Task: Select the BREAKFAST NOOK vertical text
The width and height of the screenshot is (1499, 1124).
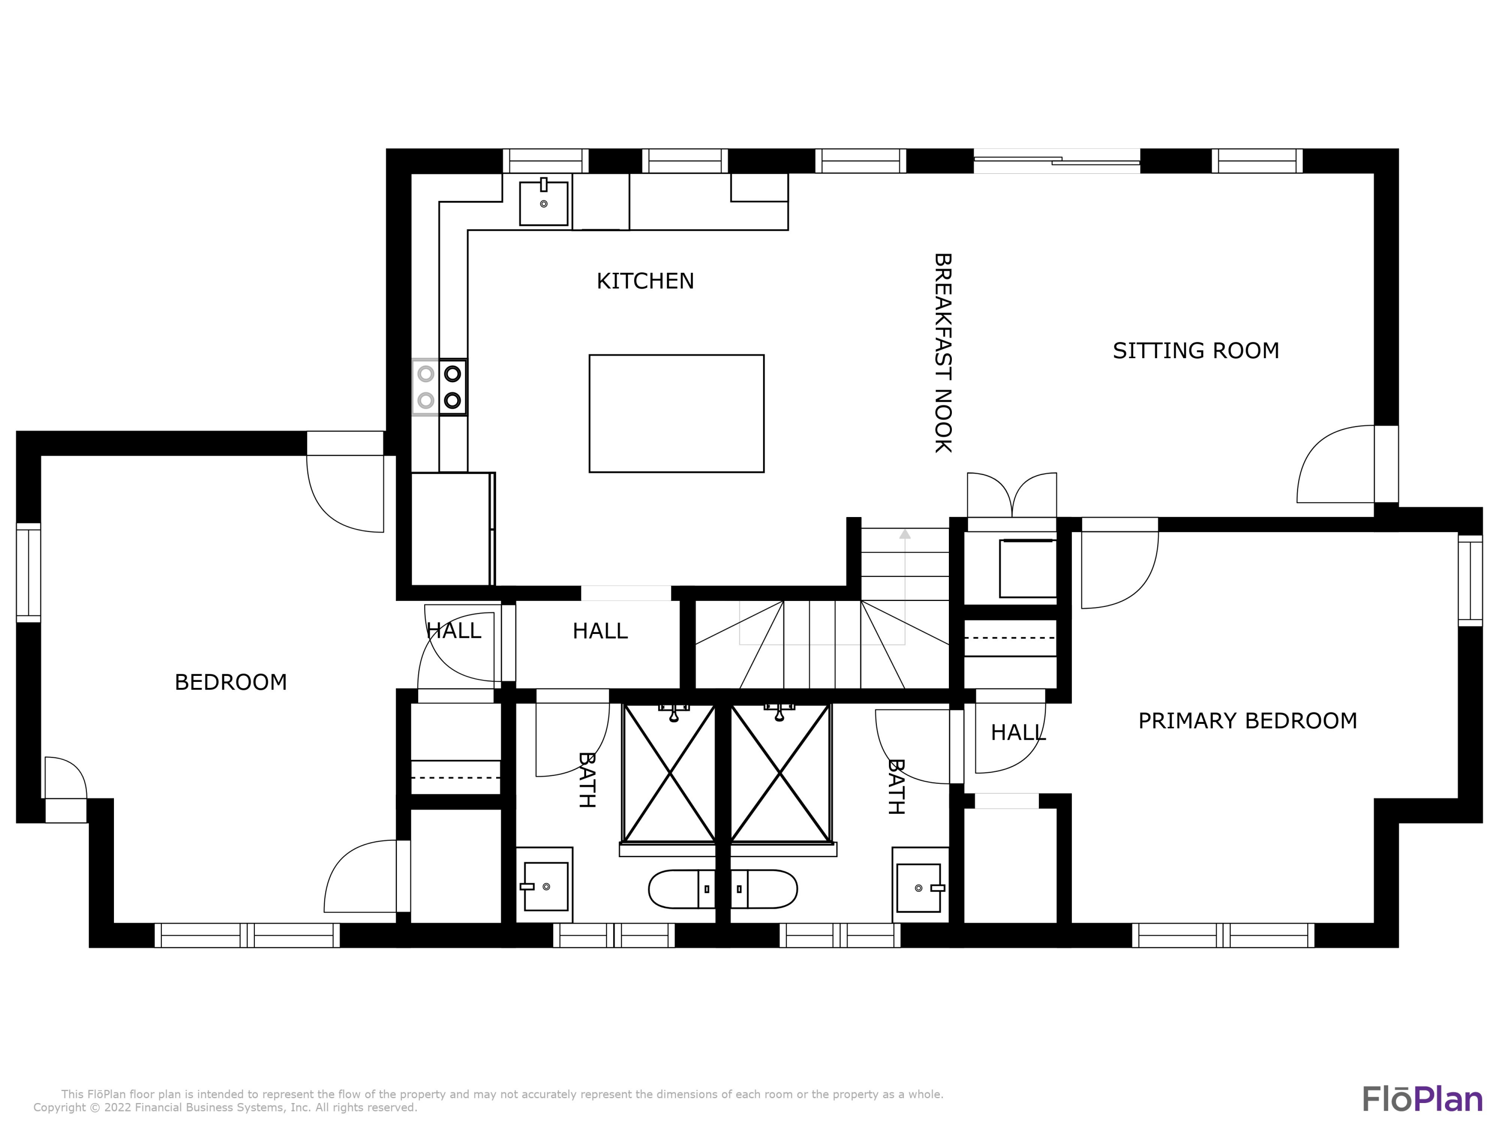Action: point(943,353)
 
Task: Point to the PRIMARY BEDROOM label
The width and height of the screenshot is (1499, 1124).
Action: point(1248,721)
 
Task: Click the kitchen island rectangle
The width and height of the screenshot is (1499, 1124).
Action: point(677,413)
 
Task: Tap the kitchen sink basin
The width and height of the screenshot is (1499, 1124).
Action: point(544,203)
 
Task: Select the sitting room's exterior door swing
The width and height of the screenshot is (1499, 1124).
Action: point(1336,465)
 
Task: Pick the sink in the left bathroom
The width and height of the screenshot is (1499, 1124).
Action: point(546,886)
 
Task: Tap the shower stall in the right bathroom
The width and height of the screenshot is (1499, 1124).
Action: point(780,773)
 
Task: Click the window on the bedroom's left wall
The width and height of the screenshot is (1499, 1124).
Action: point(28,572)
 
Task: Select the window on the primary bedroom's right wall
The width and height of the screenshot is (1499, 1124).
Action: point(1471,580)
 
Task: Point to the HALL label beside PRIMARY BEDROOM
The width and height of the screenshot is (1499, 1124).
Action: point(1018,732)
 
